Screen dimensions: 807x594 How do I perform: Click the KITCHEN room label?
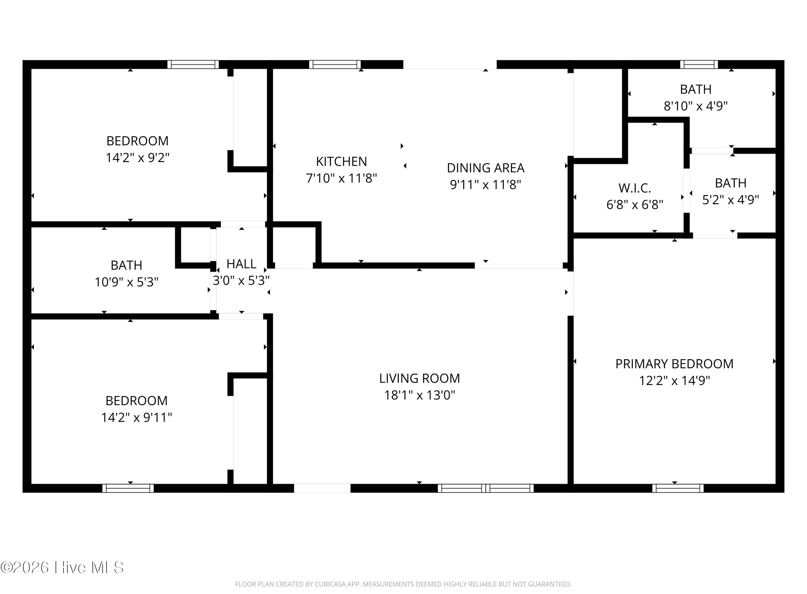click(x=341, y=162)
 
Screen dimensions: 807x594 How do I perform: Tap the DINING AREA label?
click(x=486, y=168)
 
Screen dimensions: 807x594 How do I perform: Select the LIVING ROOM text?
click(x=420, y=378)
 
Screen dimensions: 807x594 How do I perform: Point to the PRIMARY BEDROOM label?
click(x=674, y=364)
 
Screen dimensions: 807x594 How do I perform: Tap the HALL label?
click(x=241, y=264)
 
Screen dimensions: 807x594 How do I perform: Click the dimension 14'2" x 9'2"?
click(x=137, y=158)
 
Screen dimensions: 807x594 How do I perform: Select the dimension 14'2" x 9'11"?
click(x=137, y=417)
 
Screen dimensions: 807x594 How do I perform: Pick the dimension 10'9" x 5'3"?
click(x=126, y=282)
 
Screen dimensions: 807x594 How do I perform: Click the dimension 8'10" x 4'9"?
click(x=695, y=106)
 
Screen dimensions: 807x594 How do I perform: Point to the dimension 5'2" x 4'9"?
click(x=730, y=199)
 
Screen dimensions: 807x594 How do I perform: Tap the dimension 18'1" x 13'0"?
click(x=420, y=395)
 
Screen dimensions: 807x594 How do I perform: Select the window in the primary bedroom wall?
click(x=678, y=488)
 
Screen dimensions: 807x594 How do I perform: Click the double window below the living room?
click(x=486, y=488)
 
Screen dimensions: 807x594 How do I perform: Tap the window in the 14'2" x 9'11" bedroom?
click(x=128, y=488)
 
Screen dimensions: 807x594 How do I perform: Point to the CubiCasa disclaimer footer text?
click(x=403, y=584)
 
